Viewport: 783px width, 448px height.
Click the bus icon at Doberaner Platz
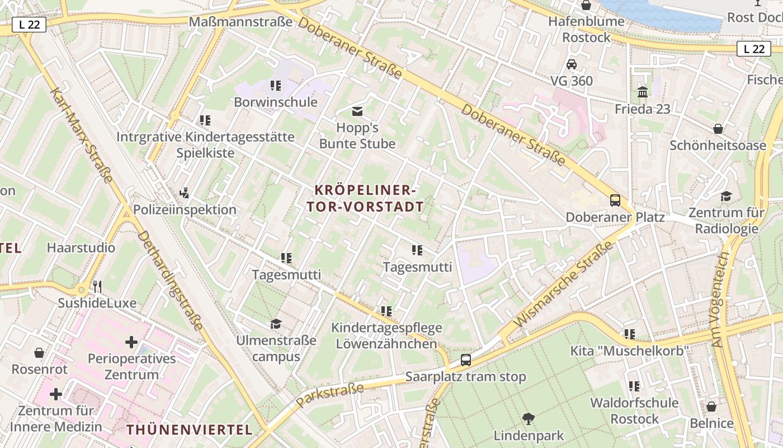(615, 200)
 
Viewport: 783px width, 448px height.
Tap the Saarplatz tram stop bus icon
(466, 360)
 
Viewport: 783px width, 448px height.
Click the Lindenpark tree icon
(528, 418)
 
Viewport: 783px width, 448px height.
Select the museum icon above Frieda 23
(643, 92)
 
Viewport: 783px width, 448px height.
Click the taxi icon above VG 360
(572, 64)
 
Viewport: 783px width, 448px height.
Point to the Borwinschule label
(276, 102)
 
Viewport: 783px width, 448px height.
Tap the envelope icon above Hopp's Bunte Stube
(357, 111)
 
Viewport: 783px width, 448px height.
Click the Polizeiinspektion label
(185, 209)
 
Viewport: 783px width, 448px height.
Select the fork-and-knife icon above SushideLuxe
(97, 287)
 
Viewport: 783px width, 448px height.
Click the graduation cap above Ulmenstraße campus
(276, 324)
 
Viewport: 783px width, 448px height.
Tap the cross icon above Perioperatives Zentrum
(131, 342)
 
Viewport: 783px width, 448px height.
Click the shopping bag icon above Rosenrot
(39, 353)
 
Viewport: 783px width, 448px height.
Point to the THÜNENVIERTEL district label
(189, 430)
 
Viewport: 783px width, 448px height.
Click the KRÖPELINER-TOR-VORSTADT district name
(365, 198)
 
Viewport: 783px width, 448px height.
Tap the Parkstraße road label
(330, 395)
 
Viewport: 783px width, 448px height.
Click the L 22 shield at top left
(29, 24)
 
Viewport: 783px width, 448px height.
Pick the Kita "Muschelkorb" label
(629, 351)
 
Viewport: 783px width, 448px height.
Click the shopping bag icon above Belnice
(711, 407)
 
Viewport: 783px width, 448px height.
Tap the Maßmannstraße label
(241, 22)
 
